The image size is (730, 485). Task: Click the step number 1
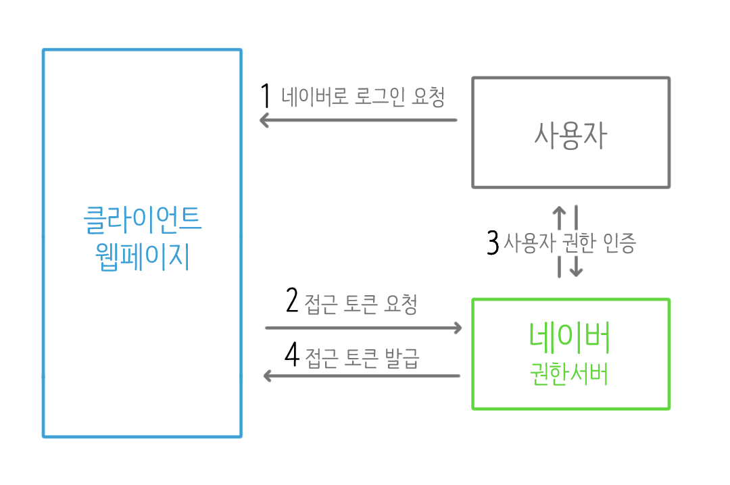[x=266, y=96]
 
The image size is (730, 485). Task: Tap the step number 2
[x=292, y=301]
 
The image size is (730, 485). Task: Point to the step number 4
[x=291, y=355]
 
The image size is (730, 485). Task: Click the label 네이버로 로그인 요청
[x=362, y=97]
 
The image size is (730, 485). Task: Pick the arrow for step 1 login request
[x=359, y=121]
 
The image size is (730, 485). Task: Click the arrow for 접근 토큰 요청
[x=363, y=328]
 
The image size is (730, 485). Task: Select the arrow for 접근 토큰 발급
[x=362, y=376]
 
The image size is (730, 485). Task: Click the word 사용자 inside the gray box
[x=570, y=136]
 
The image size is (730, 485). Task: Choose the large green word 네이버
[x=570, y=338]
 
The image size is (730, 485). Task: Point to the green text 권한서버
[x=570, y=375]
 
